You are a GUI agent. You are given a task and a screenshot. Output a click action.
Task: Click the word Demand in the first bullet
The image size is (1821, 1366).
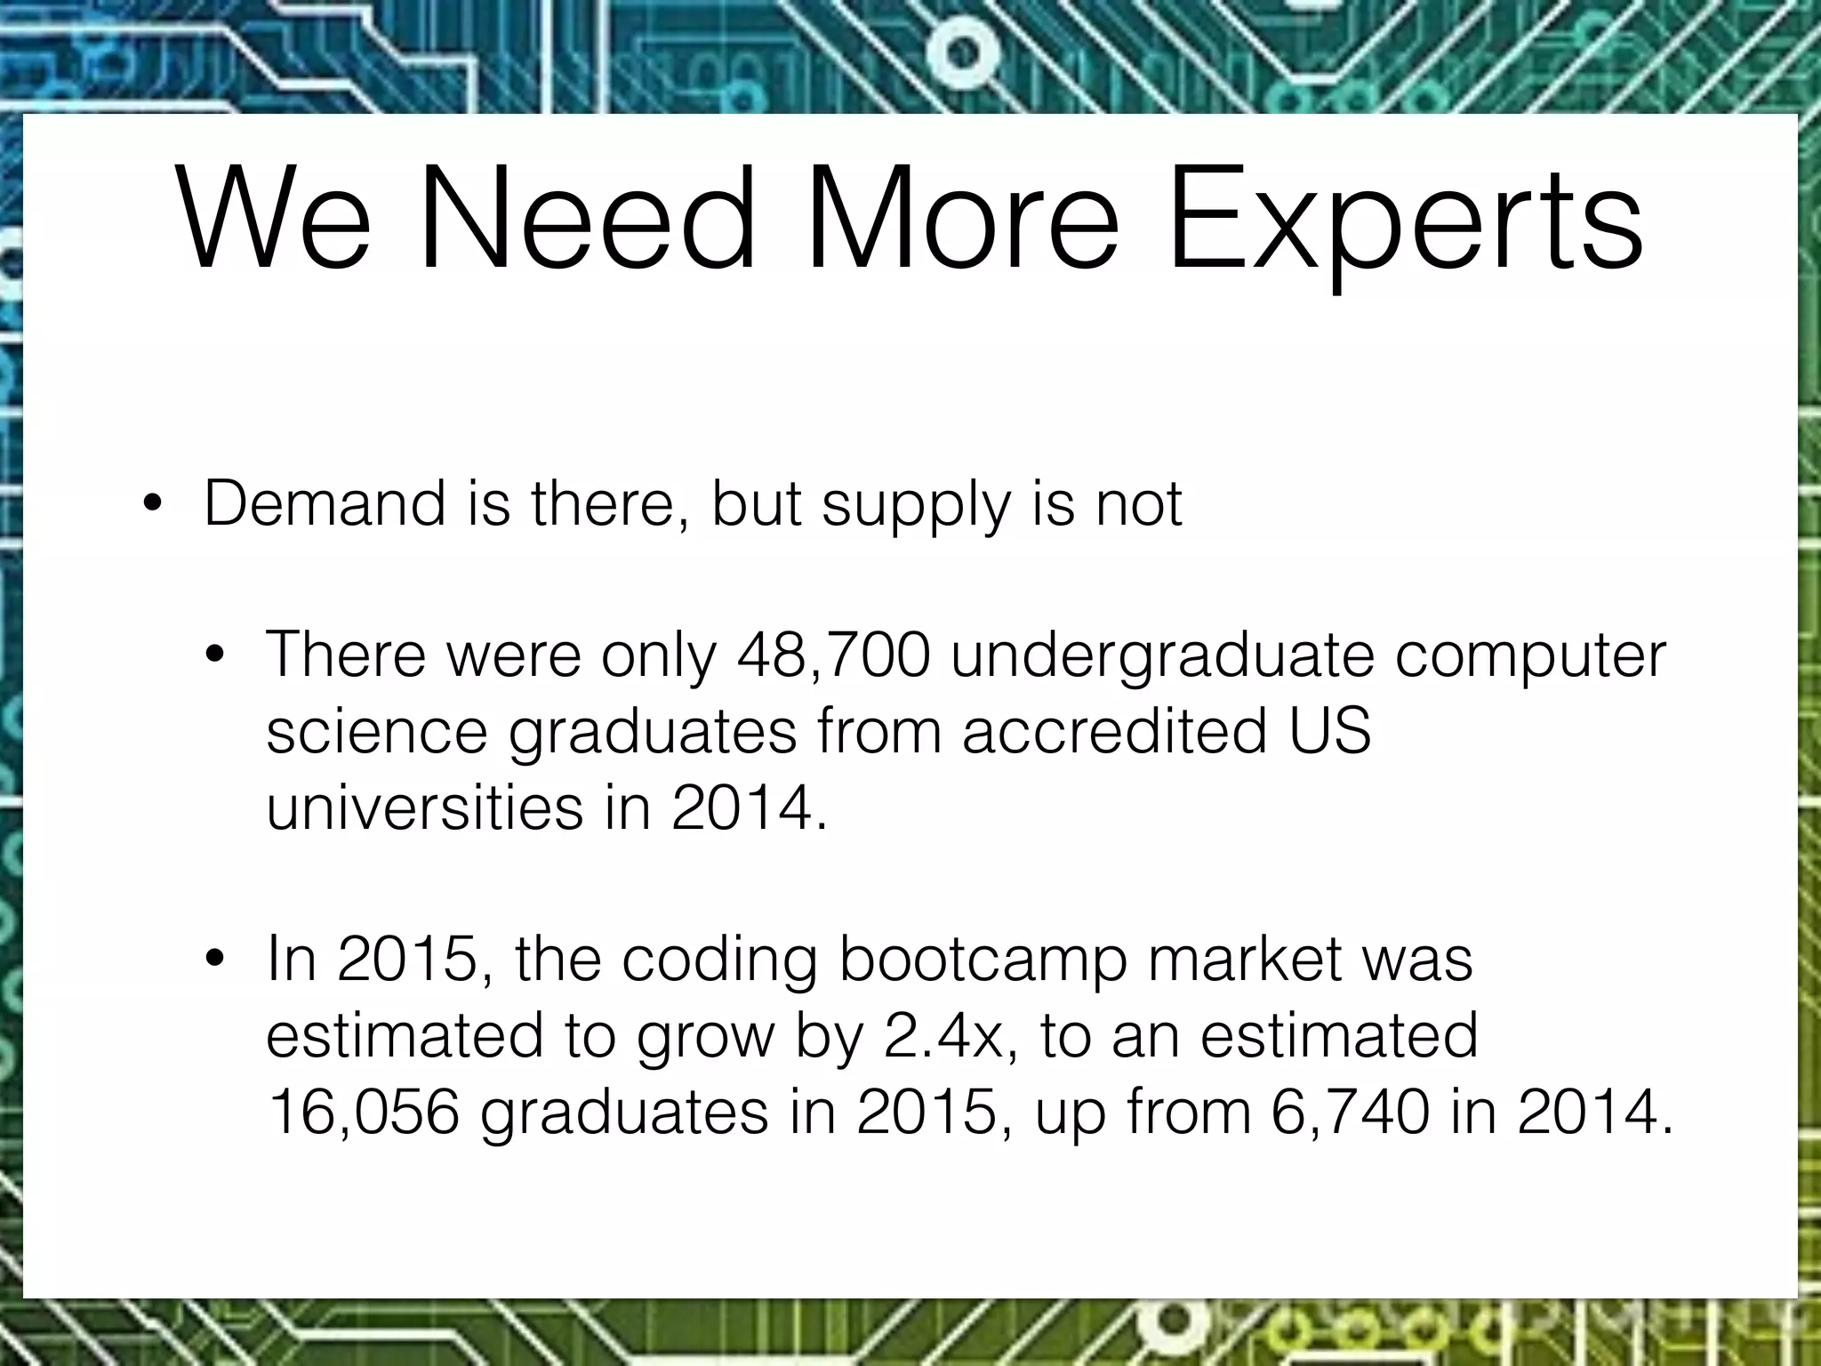pyautogui.click(x=325, y=503)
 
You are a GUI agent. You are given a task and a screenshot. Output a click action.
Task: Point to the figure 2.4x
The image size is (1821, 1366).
pyautogui.click(x=951, y=1037)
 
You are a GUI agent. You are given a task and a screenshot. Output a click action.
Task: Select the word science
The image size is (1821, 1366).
pyautogui.click(x=377, y=731)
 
